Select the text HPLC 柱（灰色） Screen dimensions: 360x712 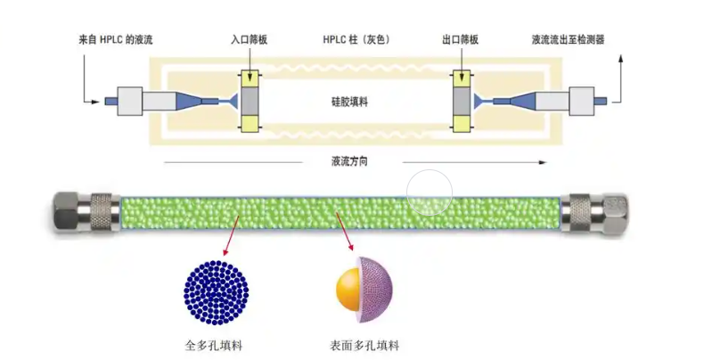point(356,40)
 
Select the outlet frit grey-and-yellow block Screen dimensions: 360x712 point(462,100)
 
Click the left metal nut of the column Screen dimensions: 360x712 point(86,213)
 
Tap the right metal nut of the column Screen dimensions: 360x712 point(593,213)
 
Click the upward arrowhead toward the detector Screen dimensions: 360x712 point(621,58)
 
